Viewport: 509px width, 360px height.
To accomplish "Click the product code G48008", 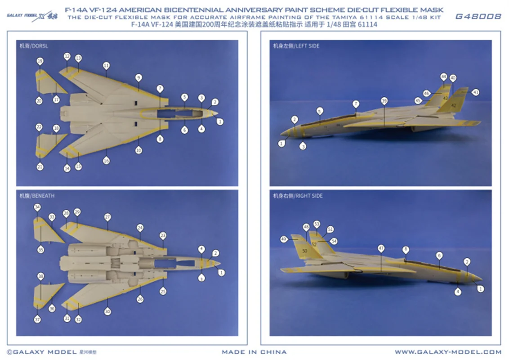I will (x=478, y=17).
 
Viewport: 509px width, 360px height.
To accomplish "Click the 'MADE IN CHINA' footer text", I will (x=254, y=352).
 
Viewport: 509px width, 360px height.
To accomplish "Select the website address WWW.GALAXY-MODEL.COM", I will (x=448, y=352).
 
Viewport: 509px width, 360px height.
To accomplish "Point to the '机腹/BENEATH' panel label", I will (x=36, y=196).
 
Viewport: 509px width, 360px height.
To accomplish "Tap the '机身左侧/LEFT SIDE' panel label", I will (x=296, y=46).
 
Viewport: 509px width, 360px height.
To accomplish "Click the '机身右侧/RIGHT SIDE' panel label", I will (x=298, y=196).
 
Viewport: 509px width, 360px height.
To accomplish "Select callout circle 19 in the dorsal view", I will (x=40, y=61).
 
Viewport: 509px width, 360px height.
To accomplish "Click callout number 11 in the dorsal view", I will (x=106, y=65).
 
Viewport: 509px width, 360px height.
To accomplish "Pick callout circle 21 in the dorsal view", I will (x=40, y=167).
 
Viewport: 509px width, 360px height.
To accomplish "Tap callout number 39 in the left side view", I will (x=384, y=100).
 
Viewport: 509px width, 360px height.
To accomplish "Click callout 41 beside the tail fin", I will (x=476, y=92).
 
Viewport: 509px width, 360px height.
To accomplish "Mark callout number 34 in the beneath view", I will (x=37, y=207).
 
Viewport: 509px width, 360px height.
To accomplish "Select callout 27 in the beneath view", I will (x=107, y=216).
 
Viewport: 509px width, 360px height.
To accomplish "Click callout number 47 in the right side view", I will (x=381, y=248).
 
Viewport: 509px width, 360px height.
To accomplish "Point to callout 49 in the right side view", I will (x=284, y=239).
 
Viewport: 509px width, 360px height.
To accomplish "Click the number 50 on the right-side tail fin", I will (x=305, y=251).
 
